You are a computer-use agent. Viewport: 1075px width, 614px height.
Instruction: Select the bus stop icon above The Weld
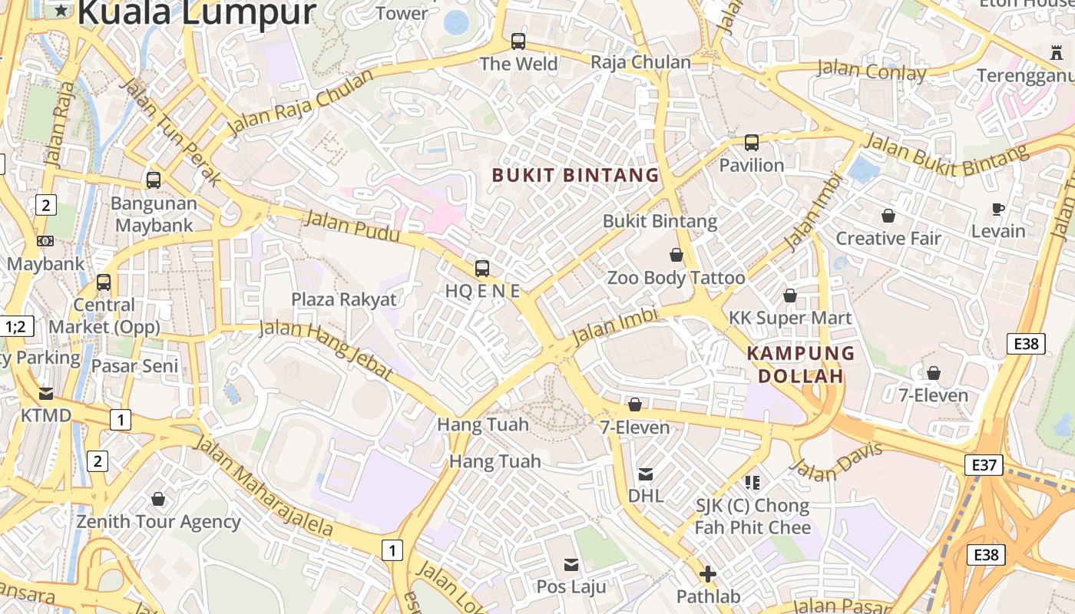[518, 41]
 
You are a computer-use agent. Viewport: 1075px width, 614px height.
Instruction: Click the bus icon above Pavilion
[752, 143]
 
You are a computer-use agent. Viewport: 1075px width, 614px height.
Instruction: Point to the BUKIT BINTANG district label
[576, 175]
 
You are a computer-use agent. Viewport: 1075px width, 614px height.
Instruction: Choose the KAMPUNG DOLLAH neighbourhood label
[801, 365]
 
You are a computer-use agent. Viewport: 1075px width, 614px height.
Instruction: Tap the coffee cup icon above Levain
[998, 209]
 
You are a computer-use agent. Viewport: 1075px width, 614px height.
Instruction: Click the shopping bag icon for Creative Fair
[888, 216]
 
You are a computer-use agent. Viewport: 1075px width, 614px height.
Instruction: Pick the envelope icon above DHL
[646, 475]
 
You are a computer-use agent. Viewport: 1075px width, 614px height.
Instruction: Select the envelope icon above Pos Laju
[571, 565]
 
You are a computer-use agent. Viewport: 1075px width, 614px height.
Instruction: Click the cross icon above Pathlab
[708, 573]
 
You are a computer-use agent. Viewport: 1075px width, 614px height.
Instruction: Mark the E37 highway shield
[984, 464]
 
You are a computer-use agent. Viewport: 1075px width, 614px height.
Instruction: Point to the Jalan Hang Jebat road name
[327, 349]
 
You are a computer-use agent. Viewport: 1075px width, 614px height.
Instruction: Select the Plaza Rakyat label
[344, 299]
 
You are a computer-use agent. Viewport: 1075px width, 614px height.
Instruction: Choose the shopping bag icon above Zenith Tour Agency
[158, 500]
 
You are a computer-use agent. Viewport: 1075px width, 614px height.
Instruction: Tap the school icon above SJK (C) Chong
[752, 483]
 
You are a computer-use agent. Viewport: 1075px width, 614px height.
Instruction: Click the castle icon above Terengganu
[1056, 53]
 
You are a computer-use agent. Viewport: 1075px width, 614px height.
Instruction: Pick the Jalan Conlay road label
[872, 71]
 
